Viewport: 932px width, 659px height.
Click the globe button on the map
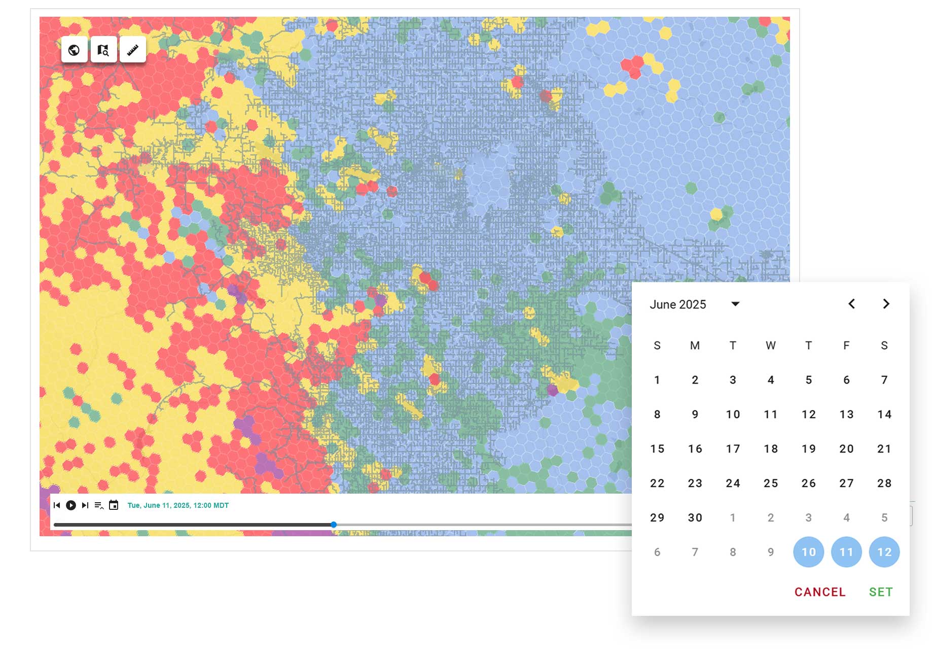(74, 50)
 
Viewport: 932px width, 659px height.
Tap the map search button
(103, 50)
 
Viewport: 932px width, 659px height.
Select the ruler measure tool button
(133, 50)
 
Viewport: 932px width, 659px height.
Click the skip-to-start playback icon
(57, 505)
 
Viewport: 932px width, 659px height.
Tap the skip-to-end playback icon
(85, 505)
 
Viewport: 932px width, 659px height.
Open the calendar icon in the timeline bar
(114, 505)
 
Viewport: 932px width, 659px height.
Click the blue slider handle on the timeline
(334, 525)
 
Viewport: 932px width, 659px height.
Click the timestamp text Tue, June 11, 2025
(178, 505)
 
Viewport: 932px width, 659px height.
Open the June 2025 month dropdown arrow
(735, 304)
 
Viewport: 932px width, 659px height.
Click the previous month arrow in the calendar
(852, 304)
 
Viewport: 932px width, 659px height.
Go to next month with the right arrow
(886, 304)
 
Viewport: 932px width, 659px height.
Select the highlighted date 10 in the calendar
(809, 552)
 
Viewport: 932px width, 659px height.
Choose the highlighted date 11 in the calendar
(846, 552)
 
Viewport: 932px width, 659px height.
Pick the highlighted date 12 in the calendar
(884, 552)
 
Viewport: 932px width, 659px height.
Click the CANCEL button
(820, 592)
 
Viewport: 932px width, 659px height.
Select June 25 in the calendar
(771, 483)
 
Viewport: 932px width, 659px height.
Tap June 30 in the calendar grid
(695, 517)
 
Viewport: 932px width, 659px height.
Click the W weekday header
(771, 345)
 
